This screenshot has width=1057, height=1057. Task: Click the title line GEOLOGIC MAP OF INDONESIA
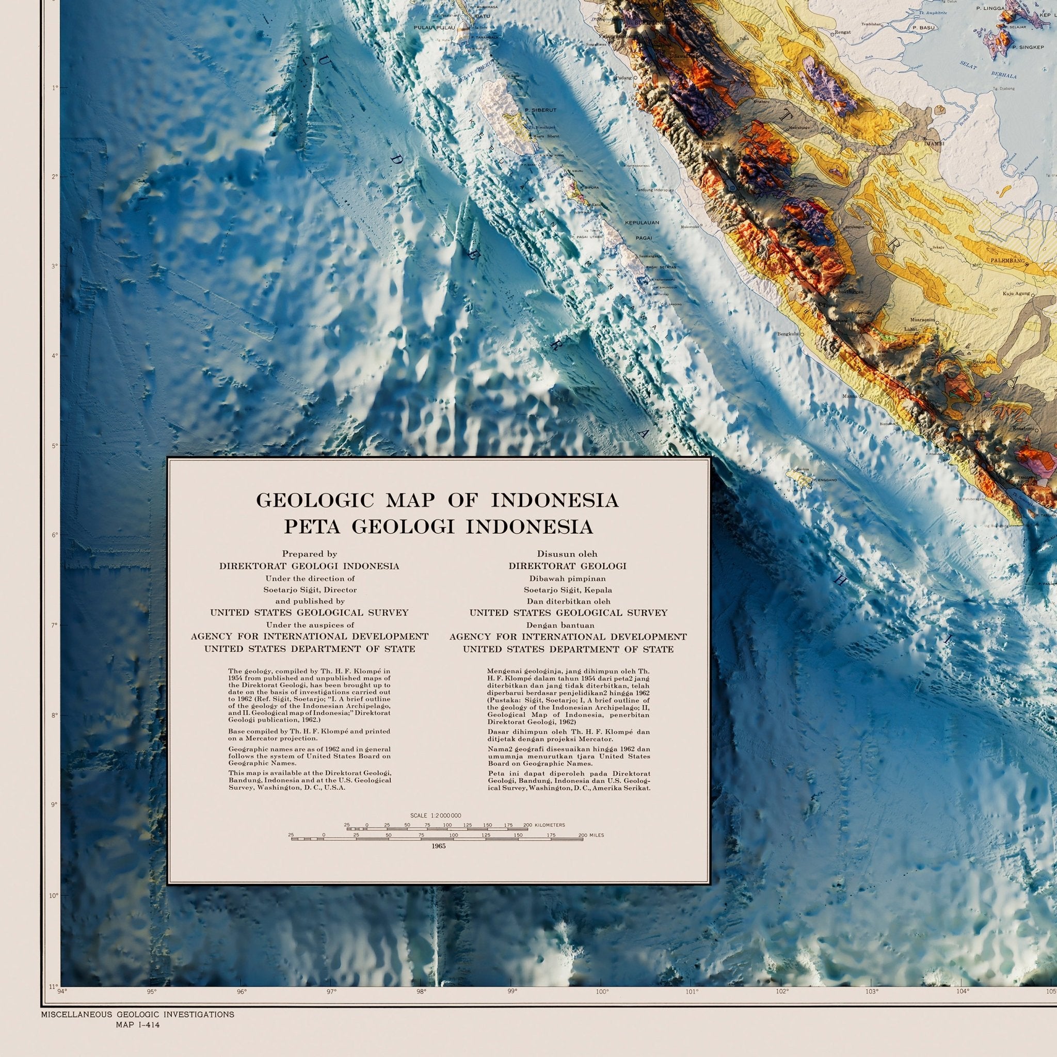coord(437,501)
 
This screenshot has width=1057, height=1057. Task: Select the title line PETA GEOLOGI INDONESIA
coord(438,526)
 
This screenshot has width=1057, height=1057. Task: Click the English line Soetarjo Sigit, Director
coord(310,590)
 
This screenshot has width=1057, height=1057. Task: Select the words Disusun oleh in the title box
coord(567,554)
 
